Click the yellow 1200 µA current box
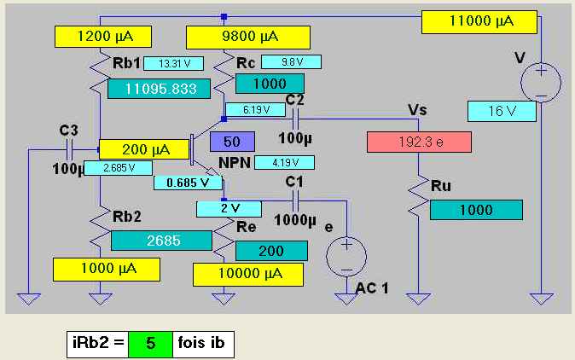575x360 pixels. click(x=103, y=37)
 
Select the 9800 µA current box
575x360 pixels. click(x=248, y=37)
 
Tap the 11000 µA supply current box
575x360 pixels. click(x=479, y=22)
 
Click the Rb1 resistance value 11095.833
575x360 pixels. click(x=160, y=89)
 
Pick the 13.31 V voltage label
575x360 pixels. click(x=173, y=64)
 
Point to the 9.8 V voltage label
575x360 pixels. click(x=291, y=62)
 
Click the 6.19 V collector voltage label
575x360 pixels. click(x=256, y=109)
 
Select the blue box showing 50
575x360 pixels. click(x=232, y=142)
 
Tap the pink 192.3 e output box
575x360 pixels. click(x=419, y=142)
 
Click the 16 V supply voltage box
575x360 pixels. click(x=502, y=111)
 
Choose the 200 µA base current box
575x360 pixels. click(x=144, y=149)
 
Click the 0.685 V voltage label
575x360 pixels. click(x=188, y=183)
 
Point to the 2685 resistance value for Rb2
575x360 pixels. click(x=161, y=241)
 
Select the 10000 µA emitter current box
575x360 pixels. click(x=248, y=275)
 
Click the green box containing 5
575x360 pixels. click(x=150, y=344)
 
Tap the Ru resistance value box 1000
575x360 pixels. click(x=476, y=210)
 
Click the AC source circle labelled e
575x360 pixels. click(x=346, y=256)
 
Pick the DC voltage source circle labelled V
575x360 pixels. click(x=541, y=82)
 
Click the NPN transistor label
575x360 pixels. click(x=235, y=163)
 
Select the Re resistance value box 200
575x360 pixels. click(x=271, y=251)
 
